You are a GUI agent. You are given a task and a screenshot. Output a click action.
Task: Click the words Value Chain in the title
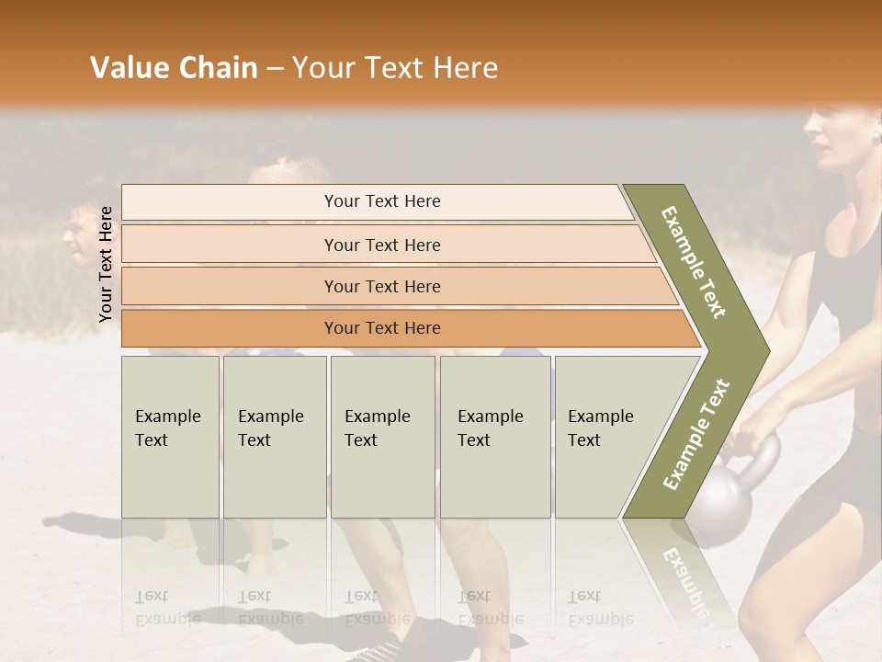[x=174, y=68]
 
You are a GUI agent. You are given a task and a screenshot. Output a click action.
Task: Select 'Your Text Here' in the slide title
[x=395, y=68]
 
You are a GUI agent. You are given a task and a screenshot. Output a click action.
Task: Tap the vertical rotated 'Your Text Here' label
[x=106, y=264]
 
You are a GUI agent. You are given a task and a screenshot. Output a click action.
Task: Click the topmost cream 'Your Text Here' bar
[x=381, y=201]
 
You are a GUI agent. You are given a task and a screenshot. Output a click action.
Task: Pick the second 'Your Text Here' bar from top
[x=381, y=245]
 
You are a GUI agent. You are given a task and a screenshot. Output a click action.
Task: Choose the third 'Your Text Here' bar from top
[x=381, y=286]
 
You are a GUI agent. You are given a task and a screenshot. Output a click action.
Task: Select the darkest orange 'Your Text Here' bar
[x=381, y=328]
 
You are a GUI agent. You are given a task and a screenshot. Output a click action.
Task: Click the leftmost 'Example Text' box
[x=170, y=437]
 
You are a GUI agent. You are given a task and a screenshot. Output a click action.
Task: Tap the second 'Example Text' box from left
[x=274, y=437]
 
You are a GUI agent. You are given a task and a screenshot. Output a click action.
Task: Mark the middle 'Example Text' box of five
[x=382, y=437]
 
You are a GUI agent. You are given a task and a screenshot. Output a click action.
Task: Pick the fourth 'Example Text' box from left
[x=494, y=437]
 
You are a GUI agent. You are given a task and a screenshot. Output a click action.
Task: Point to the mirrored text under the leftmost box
[x=167, y=607]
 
